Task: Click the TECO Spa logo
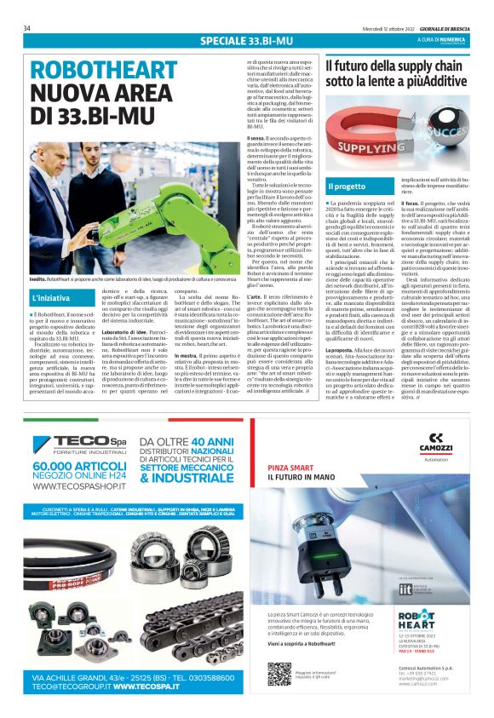tap(80, 443)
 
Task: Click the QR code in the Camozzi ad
tap(279, 674)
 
